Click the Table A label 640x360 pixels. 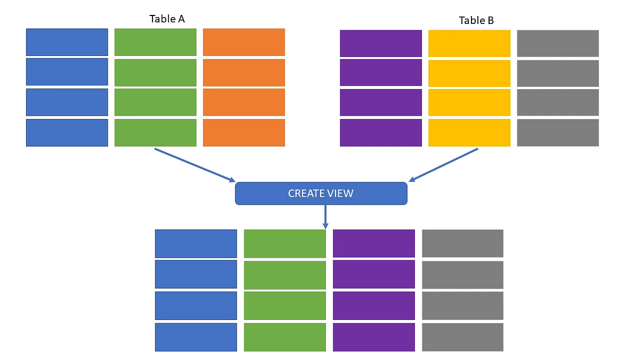(167, 19)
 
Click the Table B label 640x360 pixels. (476, 21)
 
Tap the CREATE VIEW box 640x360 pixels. (321, 194)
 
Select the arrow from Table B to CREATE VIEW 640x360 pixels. (443, 165)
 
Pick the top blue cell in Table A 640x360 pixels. (67, 42)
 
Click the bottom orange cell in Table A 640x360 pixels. (244, 132)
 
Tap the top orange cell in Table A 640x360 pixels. (244, 42)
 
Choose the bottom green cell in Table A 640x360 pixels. (155, 132)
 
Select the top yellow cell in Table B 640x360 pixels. (469, 43)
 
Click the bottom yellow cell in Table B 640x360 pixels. (469, 132)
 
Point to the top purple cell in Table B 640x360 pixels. (381, 43)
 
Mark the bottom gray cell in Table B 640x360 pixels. (558, 132)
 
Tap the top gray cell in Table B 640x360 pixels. (558, 43)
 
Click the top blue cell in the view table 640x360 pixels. (196, 243)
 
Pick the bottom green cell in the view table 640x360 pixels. (285, 337)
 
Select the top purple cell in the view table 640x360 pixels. (374, 243)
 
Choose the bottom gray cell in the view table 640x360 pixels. (462, 337)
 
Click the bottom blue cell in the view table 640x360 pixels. (196, 337)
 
